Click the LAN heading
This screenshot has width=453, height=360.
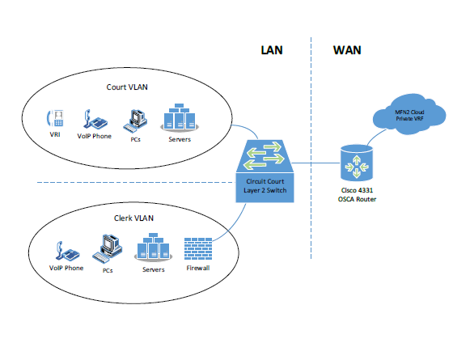(x=272, y=50)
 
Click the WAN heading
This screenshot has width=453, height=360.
(x=347, y=50)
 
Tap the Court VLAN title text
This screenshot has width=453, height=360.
(x=127, y=87)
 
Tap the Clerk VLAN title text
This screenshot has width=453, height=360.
(x=133, y=218)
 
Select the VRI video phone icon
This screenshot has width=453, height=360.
(x=55, y=118)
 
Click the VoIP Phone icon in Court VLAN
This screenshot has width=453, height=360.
(x=95, y=119)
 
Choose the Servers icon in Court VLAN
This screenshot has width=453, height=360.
(x=180, y=117)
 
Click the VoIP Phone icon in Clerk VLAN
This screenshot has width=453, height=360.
(x=68, y=251)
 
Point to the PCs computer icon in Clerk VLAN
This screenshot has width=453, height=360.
(x=107, y=249)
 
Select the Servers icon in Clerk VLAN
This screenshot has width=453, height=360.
(x=153, y=247)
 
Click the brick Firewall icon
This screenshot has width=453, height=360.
(x=198, y=248)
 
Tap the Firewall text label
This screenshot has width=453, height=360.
(x=198, y=268)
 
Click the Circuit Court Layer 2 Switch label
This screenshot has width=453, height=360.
(x=265, y=186)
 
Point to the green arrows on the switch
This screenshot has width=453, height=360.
(x=264, y=155)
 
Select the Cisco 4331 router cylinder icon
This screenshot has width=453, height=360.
(x=357, y=163)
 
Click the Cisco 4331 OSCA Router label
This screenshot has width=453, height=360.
(x=357, y=195)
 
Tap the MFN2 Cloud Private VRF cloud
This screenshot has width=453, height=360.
(x=409, y=114)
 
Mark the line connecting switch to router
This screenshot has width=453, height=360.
(x=315, y=163)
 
